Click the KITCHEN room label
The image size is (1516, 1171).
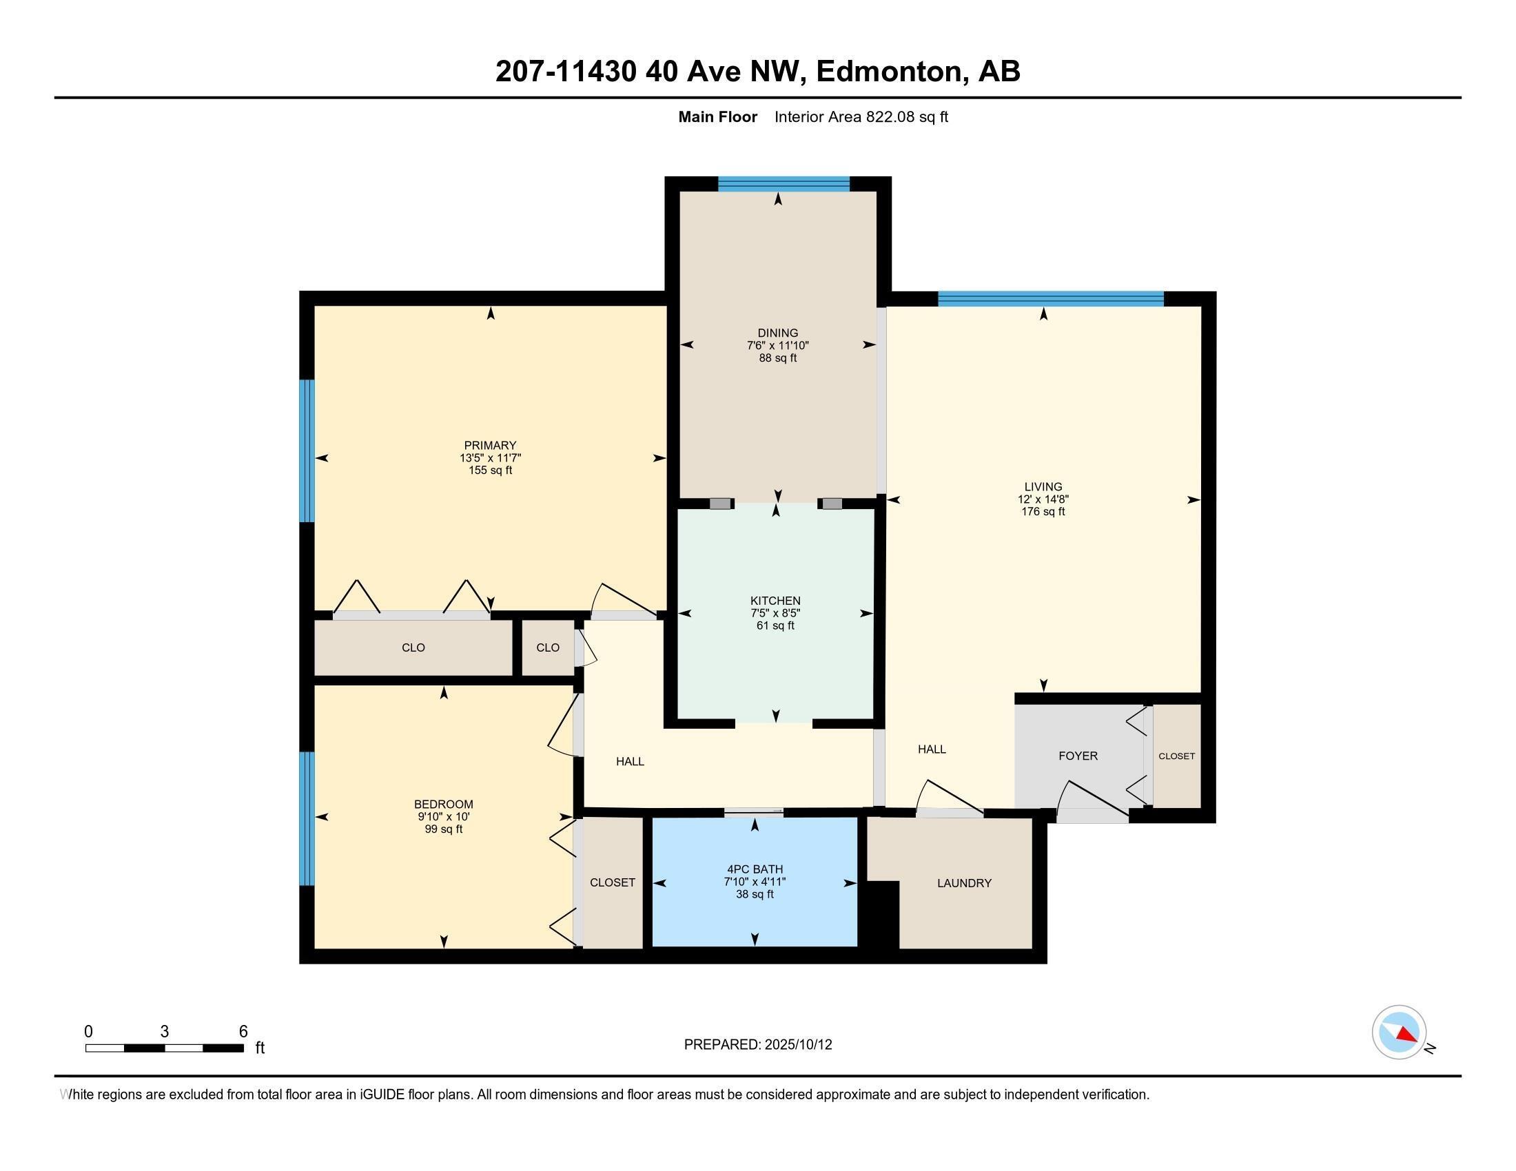coord(775,601)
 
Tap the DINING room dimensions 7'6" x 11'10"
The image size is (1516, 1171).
coord(777,346)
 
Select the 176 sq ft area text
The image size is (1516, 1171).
coord(1043,512)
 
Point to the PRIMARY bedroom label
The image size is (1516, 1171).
coord(490,446)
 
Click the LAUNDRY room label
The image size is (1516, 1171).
coord(964,883)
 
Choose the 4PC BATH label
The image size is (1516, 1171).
coord(755,869)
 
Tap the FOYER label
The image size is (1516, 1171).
coord(1077,756)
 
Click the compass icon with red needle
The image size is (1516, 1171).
coord(1399,1033)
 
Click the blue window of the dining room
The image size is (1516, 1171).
coord(783,184)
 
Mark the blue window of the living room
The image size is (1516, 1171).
coord(1050,299)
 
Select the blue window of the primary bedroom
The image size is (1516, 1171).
coord(307,450)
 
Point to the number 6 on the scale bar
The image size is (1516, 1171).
coord(243,1032)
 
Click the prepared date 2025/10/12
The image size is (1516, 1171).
coord(797,1045)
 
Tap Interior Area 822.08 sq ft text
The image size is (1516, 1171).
coord(861,117)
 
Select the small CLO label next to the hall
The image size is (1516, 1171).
coord(548,648)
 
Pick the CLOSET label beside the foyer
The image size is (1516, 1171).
coord(1176,756)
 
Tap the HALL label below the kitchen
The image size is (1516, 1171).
coord(631,762)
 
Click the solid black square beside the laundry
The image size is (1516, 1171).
coord(879,913)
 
